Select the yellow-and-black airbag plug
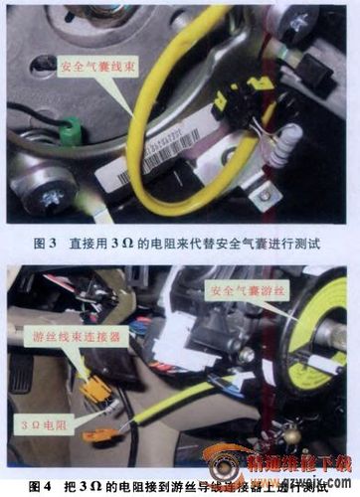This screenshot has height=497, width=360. coord(241,95)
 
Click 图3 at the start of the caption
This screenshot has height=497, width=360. coord(46,242)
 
